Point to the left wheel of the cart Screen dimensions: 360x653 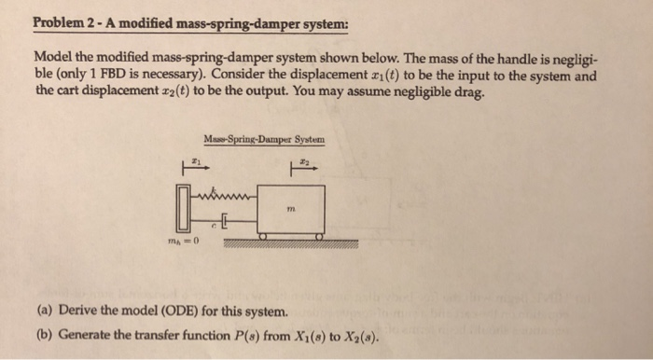(264, 239)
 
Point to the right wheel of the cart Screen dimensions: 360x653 (318, 239)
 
